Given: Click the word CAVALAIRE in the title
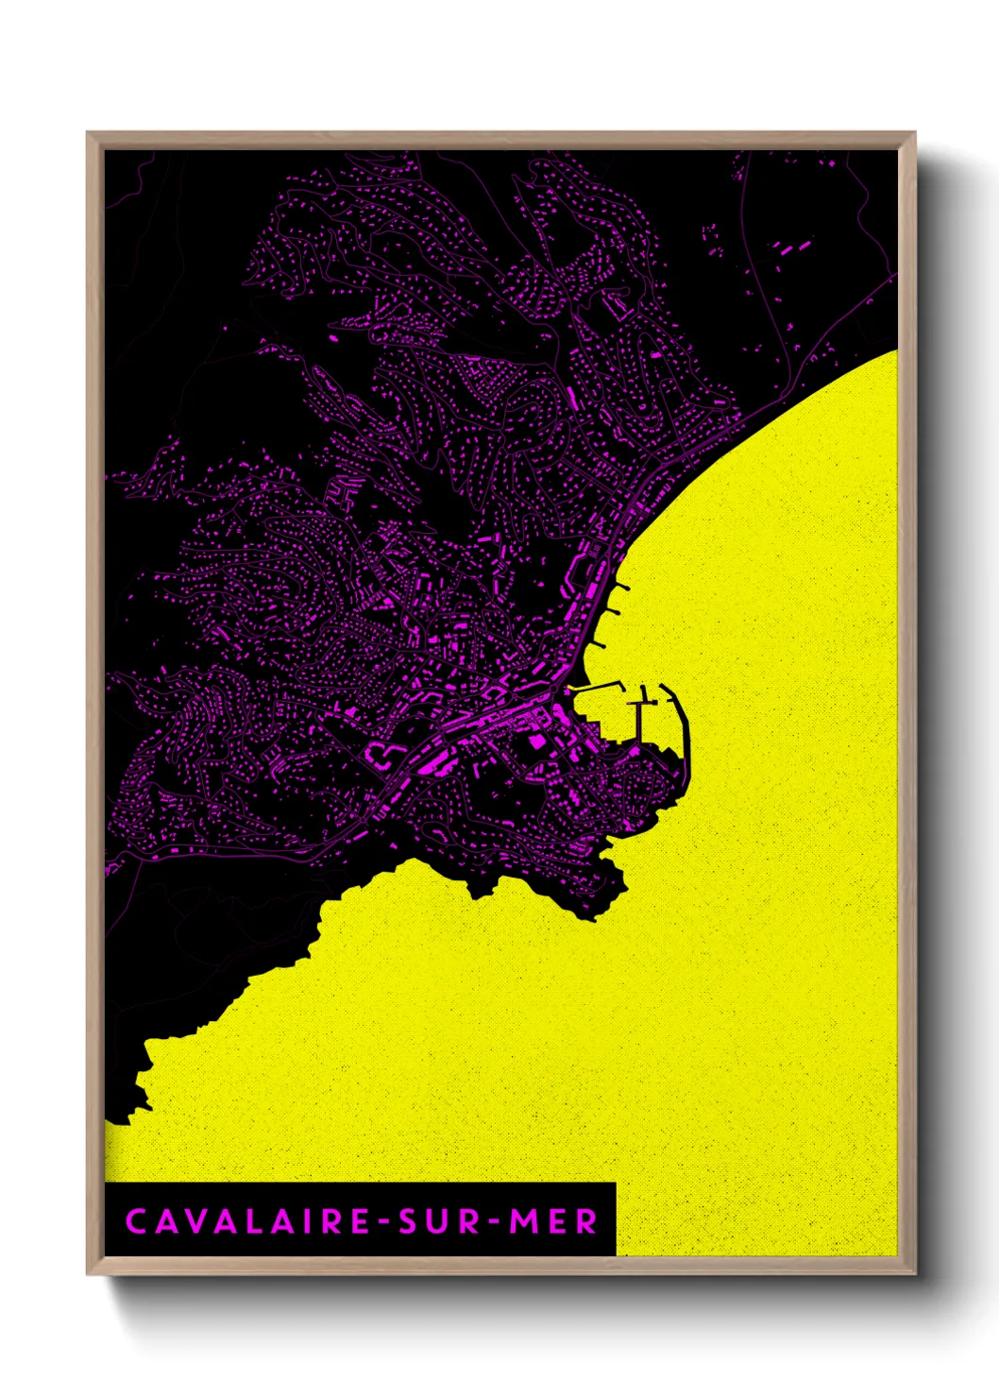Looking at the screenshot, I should tap(248, 1221).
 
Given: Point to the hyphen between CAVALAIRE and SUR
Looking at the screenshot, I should tap(385, 1222).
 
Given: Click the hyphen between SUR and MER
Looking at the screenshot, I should tap(492, 1222).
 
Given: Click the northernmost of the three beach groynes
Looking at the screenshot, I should tap(620, 588).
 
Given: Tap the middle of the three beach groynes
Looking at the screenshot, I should tap(611, 614).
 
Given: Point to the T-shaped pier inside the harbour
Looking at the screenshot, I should tap(643, 718).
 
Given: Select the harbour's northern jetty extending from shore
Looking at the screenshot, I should tap(597, 687).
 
